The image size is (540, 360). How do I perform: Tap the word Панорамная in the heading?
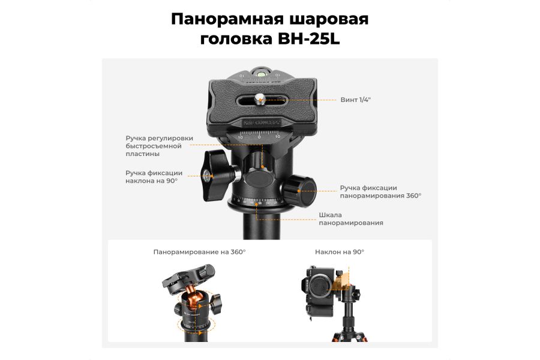[x=223, y=19]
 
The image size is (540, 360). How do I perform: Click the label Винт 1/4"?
[x=355, y=99]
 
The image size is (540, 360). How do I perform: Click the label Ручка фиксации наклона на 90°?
[x=154, y=176]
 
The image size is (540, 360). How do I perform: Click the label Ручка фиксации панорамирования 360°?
[x=380, y=191]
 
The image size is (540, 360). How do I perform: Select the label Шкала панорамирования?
[x=350, y=219]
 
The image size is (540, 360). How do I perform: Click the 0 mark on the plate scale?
[x=259, y=137]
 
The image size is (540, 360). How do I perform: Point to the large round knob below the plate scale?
[x=258, y=178]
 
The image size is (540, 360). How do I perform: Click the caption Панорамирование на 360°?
[x=199, y=252]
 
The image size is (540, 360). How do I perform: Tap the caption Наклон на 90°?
[x=340, y=252]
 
